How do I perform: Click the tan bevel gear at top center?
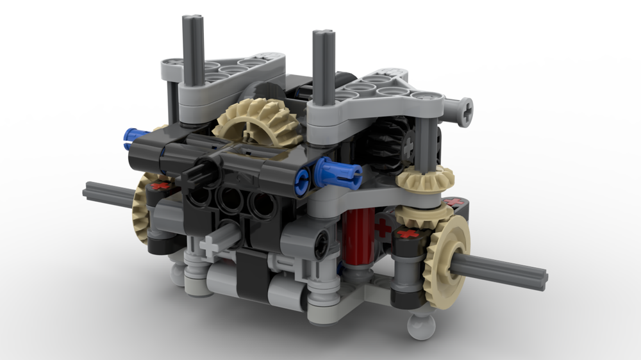(258, 122)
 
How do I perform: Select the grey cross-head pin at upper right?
(463, 112)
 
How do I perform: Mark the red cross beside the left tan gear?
(162, 186)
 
